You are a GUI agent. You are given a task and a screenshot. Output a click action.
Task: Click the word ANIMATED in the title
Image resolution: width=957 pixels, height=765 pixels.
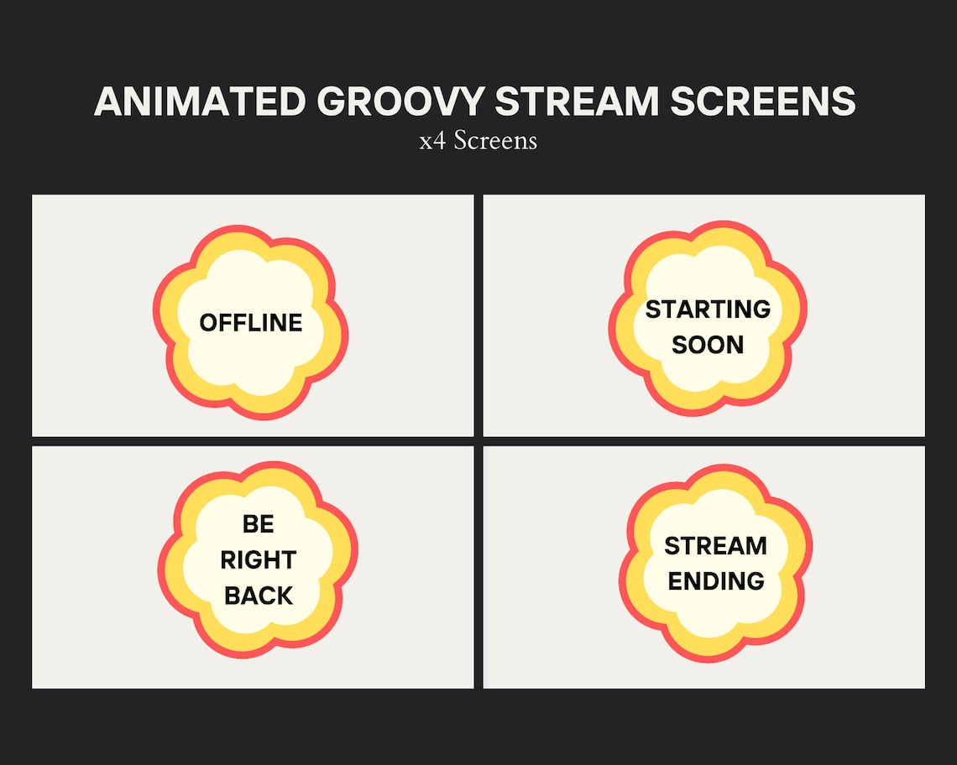[x=201, y=101]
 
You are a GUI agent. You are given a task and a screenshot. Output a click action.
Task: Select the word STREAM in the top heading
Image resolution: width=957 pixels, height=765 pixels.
[x=577, y=101]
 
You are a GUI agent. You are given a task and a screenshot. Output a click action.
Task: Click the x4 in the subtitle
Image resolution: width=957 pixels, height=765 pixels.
[x=433, y=140]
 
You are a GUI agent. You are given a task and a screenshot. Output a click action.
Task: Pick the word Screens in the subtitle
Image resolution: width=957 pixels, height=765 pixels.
[x=495, y=140]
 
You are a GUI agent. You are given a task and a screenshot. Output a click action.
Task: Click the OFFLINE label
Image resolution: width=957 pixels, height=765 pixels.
[x=250, y=323]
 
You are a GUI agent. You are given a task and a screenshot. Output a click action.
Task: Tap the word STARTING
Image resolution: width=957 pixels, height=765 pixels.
[x=708, y=310]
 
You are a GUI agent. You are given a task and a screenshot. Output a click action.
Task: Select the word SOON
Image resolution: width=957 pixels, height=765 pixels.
[x=708, y=345]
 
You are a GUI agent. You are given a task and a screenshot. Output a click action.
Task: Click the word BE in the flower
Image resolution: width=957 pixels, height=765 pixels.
[x=258, y=524]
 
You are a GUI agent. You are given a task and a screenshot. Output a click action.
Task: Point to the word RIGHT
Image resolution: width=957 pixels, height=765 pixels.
[x=258, y=560]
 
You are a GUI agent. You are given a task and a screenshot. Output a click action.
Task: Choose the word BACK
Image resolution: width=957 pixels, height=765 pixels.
[x=259, y=596]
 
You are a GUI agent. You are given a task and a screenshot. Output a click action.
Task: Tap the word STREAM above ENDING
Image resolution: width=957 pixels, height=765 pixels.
[x=715, y=546]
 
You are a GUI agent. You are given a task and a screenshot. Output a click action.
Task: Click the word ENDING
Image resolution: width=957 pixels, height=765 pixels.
[x=715, y=581]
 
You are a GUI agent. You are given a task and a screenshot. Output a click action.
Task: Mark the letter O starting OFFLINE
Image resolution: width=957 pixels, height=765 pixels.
[x=208, y=323]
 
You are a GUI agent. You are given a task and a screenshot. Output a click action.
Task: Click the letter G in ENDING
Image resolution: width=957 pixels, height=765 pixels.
[x=755, y=581]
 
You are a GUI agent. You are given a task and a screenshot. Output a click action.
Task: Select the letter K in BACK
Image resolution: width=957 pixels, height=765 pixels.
[x=285, y=596]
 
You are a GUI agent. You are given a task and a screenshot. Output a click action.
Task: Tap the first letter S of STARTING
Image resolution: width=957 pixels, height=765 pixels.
[x=652, y=310]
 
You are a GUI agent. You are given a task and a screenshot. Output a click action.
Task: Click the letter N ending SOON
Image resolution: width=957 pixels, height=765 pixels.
[x=735, y=345]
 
